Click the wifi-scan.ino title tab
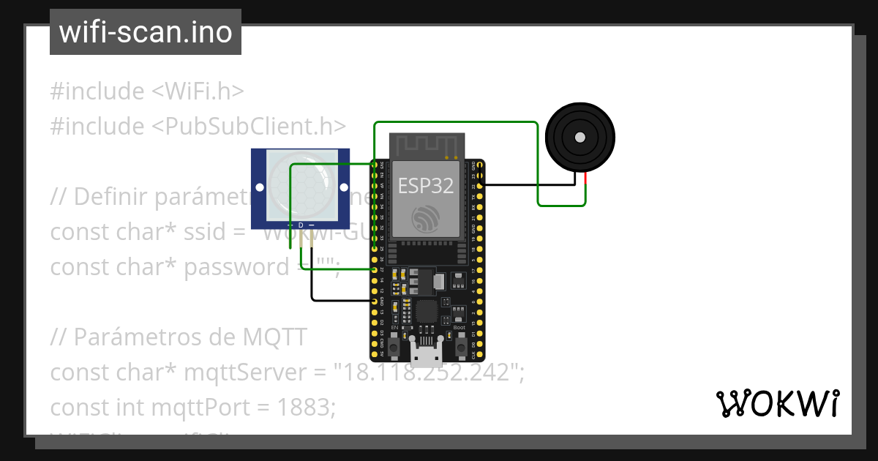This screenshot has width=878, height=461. pos(145,32)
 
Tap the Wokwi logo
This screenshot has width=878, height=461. pos(777,403)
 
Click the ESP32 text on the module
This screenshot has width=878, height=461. pos(425,186)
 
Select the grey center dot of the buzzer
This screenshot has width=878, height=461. pos(580,137)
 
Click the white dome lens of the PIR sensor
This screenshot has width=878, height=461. pos(300,186)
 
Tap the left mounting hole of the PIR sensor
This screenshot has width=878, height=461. pos(260,188)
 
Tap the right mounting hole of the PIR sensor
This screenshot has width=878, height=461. pos(342,188)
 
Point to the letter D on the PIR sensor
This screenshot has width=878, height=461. pos(301,224)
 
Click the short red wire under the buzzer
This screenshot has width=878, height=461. pos(586,188)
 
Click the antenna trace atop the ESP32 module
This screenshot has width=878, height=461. pos(426,146)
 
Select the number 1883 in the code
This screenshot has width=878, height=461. pos(307,407)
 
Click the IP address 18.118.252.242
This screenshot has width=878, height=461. pos(427,372)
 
